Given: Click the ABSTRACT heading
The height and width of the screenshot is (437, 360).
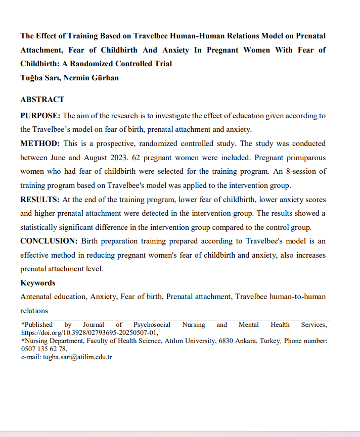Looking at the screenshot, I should [x=42, y=100].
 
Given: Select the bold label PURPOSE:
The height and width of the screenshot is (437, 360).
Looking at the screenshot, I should [x=40, y=116].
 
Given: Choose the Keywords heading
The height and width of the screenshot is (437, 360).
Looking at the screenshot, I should [x=38, y=283].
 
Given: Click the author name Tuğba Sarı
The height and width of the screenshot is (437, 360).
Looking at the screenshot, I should [x=39, y=78].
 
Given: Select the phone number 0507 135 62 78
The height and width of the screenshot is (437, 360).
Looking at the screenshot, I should [x=43, y=349].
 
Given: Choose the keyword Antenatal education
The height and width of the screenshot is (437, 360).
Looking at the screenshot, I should [x=53, y=297].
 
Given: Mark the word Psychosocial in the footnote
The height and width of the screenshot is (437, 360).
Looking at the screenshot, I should [x=152, y=325].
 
